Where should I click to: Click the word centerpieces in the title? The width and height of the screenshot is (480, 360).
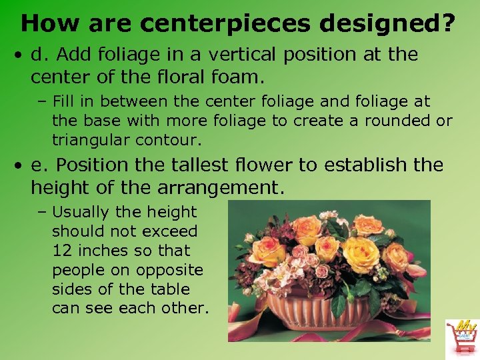pos(226,24)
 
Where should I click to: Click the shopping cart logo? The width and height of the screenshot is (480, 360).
pos(461,337)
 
